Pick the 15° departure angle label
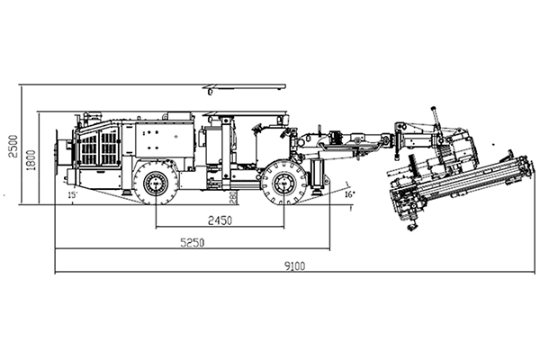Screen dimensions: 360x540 click(x=72, y=193)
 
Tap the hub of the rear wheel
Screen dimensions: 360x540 click(x=156, y=183)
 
